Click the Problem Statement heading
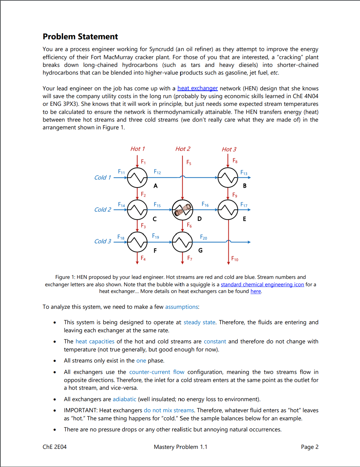(x=80, y=37)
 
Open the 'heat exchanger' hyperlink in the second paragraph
(x=197, y=88)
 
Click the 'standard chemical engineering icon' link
(x=262, y=285)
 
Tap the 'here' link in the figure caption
(x=256, y=291)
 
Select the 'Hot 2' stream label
(x=183, y=149)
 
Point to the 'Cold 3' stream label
(x=102, y=241)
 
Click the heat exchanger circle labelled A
(x=137, y=177)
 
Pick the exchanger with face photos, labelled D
(x=182, y=210)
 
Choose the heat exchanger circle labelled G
(x=182, y=242)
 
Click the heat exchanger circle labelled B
(x=228, y=177)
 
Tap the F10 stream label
(x=235, y=259)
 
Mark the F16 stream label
(x=205, y=204)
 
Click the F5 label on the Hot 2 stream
(x=189, y=163)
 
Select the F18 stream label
(x=121, y=237)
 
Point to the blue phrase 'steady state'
(x=199, y=323)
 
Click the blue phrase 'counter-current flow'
(x=157, y=372)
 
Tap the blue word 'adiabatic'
(x=124, y=399)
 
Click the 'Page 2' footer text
(x=310, y=447)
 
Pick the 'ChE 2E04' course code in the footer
(x=55, y=447)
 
